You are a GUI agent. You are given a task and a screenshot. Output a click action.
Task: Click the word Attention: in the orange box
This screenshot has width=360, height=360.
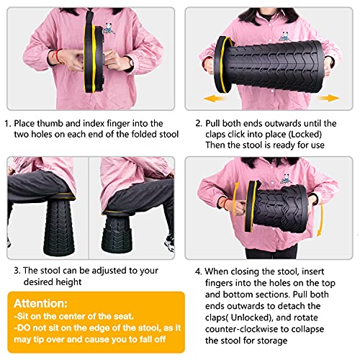point(40,304)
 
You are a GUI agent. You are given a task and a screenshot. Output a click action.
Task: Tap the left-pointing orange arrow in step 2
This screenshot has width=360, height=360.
point(213,99)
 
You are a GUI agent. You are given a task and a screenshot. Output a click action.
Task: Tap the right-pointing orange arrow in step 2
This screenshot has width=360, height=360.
point(328,98)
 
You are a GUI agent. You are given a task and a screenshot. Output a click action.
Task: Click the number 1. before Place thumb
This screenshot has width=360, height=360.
point(8,124)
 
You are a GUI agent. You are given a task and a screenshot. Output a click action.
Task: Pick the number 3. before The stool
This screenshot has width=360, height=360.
point(17,271)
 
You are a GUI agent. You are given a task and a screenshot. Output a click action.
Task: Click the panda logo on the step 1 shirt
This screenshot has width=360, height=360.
point(109,29)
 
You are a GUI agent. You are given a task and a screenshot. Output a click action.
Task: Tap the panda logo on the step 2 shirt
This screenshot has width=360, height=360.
point(284,36)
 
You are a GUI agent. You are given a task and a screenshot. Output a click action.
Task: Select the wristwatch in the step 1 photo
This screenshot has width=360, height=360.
point(131,63)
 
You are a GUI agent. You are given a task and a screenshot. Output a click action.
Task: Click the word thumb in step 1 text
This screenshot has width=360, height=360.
point(50,123)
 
